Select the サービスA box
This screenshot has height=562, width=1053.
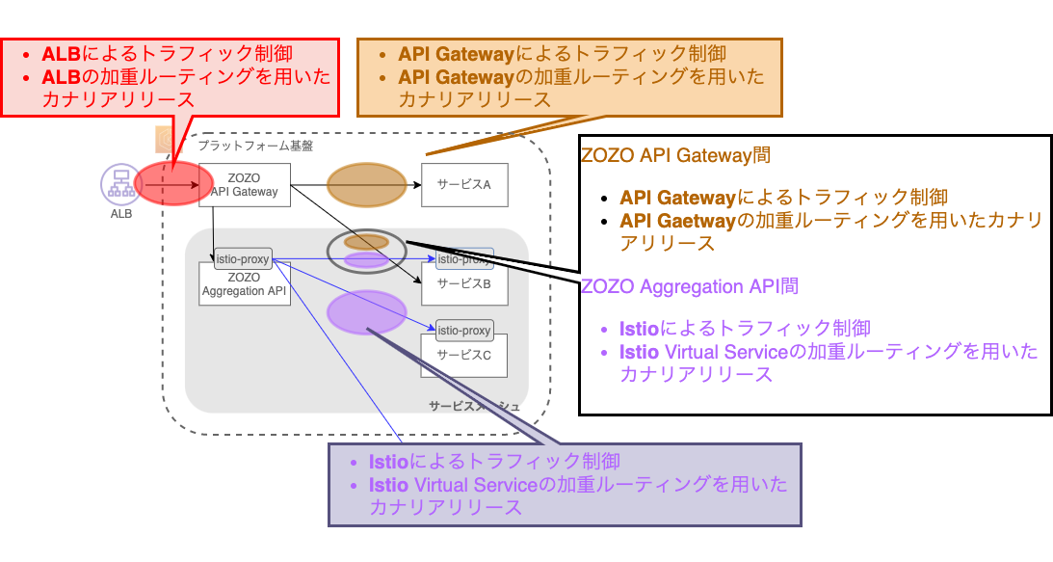[463, 184]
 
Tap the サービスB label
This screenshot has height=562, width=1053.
[464, 283]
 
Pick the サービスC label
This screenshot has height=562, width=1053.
[464, 355]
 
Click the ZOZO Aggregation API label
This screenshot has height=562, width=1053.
[245, 284]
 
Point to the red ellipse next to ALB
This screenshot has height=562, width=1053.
[173, 184]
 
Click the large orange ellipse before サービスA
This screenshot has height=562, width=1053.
[367, 185]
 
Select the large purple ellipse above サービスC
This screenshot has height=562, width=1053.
[367, 312]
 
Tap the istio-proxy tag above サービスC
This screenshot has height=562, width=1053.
[464, 331]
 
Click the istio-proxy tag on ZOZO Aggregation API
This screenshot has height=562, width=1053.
[243, 258]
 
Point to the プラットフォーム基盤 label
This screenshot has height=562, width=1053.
[255, 147]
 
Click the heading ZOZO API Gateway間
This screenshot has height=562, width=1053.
[675, 154]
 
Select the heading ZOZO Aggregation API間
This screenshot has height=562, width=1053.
[690, 286]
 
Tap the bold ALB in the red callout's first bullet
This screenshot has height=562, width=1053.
[63, 53]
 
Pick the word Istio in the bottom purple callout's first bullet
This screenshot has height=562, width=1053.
[389, 461]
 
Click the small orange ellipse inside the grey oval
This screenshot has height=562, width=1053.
[366, 242]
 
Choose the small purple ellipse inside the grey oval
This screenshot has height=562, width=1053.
[366, 259]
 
